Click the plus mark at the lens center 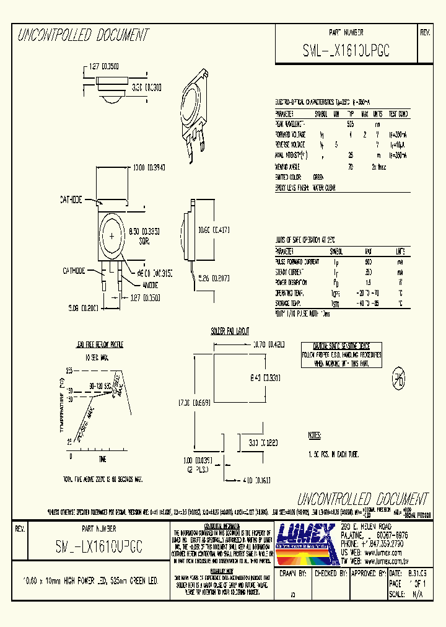[111, 236]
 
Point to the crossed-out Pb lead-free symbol [398, 380]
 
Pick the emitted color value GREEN [318, 177]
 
